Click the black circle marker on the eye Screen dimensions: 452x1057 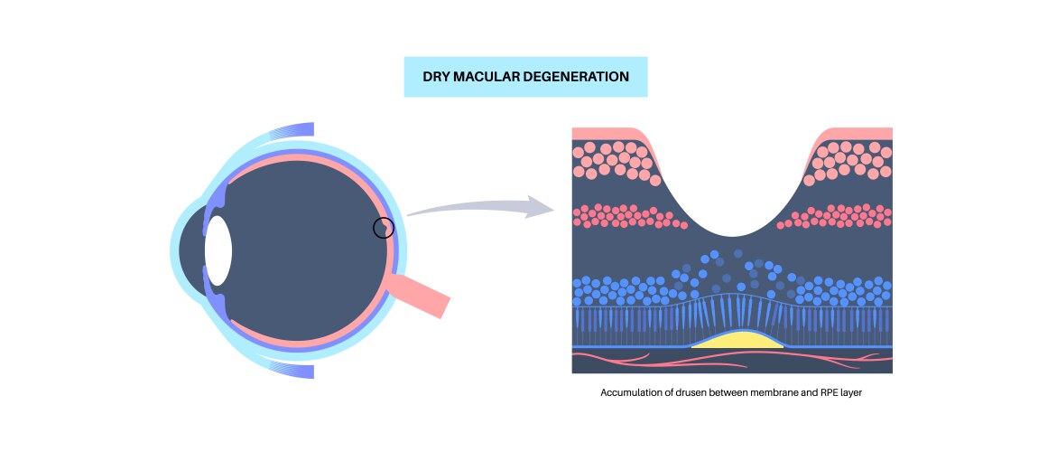(x=384, y=228)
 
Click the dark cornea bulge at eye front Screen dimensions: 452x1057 (x=190, y=250)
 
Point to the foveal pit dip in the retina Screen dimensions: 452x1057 (x=732, y=221)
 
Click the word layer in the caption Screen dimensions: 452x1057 (x=850, y=394)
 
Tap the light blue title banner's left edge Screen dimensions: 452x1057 (x=406, y=77)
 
